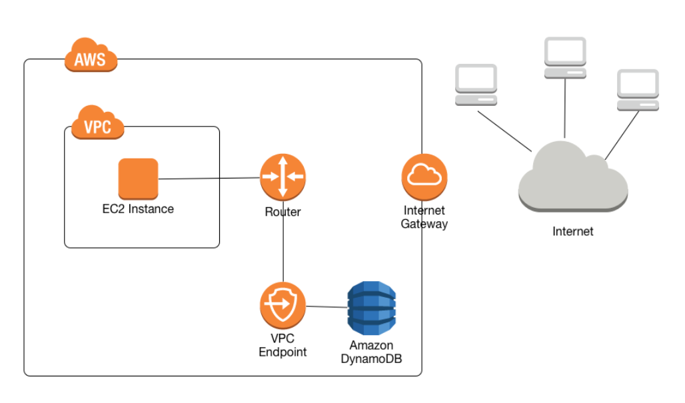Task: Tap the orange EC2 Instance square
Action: pyautogui.click(x=138, y=179)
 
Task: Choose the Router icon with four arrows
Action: pyautogui.click(x=283, y=177)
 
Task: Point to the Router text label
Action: pyautogui.click(x=283, y=212)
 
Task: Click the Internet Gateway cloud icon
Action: pyautogui.click(x=424, y=177)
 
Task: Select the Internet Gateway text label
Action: pyautogui.click(x=424, y=218)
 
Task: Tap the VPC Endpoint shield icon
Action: pyautogui.click(x=283, y=305)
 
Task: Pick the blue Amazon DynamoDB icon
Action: pyautogui.click(x=371, y=308)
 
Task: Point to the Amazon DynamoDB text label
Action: pyautogui.click(x=371, y=352)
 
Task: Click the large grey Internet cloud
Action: pyautogui.click(x=572, y=179)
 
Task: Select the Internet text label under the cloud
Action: pyautogui.click(x=572, y=232)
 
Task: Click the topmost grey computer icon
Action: pyautogui.click(x=565, y=57)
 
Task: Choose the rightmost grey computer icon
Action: pyautogui.click(x=638, y=89)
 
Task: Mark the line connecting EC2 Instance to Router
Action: pyautogui.click(x=209, y=179)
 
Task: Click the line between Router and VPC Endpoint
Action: pyautogui.click(x=283, y=243)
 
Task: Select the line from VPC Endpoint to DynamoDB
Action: pyautogui.click(x=327, y=306)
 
